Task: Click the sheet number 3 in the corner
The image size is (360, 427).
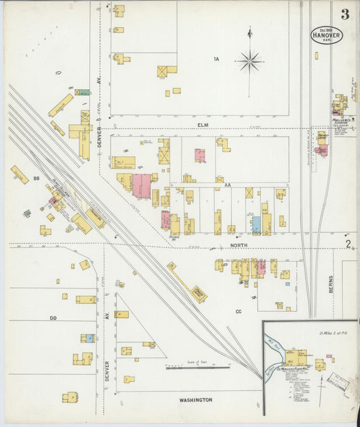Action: click(x=345, y=14)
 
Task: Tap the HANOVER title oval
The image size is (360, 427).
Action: click(x=327, y=35)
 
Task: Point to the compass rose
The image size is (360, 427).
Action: click(x=249, y=61)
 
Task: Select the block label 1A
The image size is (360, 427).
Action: click(x=216, y=59)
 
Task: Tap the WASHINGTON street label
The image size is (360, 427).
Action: click(x=196, y=400)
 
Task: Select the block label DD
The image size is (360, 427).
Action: click(x=53, y=317)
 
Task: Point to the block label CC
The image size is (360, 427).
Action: click(x=238, y=311)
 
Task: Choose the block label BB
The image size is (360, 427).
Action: click(x=36, y=179)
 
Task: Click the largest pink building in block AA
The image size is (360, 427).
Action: click(x=141, y=186)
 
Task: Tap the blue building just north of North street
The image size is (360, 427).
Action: click(x=256, y=225)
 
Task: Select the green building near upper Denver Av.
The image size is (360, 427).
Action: click(x=82, y=92)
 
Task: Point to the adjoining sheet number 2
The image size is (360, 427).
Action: click(x=348, y=244)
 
